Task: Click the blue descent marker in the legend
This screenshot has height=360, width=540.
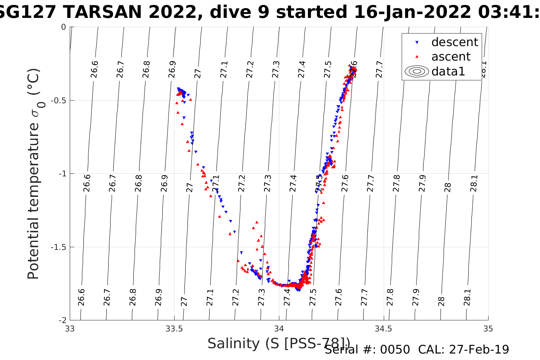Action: pos(417,42)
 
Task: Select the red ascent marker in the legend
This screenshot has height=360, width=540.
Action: pos(417,57)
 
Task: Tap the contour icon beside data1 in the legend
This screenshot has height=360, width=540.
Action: pos(417,71)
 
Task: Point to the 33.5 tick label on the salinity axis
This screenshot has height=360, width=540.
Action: pos(174,329)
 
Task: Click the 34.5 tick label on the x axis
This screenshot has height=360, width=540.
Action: pos(383,329)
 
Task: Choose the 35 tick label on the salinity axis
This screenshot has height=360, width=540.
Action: pos(488,329)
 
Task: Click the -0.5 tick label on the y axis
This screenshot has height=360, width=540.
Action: pos(58,100)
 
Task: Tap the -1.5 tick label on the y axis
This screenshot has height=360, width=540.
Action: pos(58,247)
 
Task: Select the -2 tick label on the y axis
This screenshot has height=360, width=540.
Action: pos(61,320)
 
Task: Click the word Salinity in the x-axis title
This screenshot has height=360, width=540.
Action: pos(234,344)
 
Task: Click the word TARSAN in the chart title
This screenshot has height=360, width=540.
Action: pos(103,13)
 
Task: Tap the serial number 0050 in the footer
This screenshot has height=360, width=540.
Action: pos(396,349)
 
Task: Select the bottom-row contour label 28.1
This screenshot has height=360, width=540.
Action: pos(467,297)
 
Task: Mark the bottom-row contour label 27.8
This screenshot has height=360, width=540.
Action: pos(390,297)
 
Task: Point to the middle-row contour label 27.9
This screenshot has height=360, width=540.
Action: pos(422,183)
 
